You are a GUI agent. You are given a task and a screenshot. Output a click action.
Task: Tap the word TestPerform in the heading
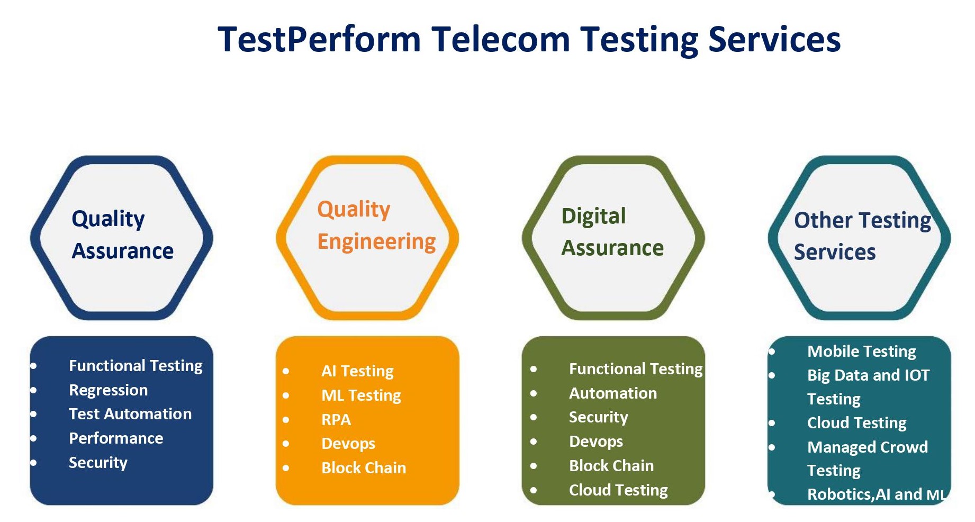point(319,40)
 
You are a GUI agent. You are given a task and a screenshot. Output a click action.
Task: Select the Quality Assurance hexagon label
point(123,235)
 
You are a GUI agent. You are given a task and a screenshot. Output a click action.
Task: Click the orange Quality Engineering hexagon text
point(376,226)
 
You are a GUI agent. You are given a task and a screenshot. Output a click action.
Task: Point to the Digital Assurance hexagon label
point(612,232)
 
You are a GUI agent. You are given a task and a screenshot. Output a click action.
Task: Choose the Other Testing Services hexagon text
point(863,236)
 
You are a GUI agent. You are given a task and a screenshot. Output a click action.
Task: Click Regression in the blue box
point(109,390)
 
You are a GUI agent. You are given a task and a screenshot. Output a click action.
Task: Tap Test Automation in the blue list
point(130,414)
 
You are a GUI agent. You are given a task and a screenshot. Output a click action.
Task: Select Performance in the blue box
point(116,438)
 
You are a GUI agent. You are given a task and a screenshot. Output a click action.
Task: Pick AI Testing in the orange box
point(357,371)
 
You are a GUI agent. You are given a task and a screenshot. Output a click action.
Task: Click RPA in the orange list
point(336,420)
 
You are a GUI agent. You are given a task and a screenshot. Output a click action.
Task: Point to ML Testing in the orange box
point(361,395)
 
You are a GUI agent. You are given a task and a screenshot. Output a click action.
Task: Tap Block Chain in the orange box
point(364,468)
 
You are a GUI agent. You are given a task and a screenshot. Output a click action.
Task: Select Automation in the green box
point(613,393)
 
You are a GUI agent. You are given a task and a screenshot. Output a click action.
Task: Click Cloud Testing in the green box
point(618,490)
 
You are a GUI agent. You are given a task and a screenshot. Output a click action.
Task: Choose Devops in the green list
point(596,442)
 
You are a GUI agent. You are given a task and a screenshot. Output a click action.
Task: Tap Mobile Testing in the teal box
point(862,352)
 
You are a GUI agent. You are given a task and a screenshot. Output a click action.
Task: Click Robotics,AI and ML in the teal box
point(877,494)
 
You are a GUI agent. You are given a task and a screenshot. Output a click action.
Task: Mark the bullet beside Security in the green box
point(534,417)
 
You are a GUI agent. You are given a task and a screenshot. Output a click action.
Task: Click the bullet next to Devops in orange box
point(286,444)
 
